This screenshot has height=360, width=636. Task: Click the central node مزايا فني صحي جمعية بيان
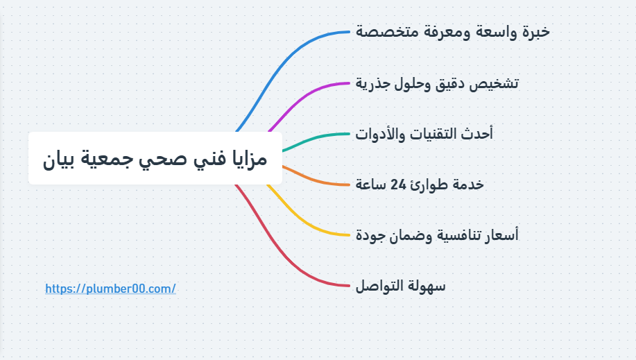pyautogui.click(x=155, y=159)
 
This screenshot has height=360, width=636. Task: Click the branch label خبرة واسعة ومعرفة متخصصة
pyautogui.click(x=452, y=32)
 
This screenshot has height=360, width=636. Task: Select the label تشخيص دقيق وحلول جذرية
pyautogui.click(x=437, y=83)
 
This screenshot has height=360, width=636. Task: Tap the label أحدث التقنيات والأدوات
pyautogui.click(x=424, y=134)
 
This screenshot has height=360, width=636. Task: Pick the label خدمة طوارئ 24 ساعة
pyautogui.click(x=419, y=185)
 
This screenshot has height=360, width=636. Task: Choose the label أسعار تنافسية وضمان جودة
pyautogui.click(x=436, y=235)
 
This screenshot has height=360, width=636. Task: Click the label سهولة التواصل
pyautogui.click(x=400, y=286)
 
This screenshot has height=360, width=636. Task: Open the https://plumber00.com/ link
pyautogui.click(x=110, y=289)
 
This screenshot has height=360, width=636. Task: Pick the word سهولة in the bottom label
pyautogui.click(x=427, y=286)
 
